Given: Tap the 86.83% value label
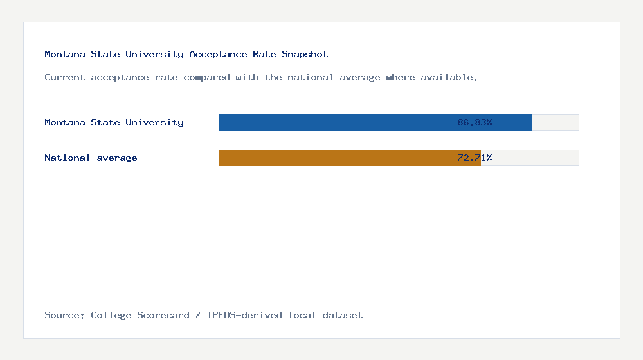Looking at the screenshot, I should (x=475, y=122).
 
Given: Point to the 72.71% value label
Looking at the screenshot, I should (x=475, y=157).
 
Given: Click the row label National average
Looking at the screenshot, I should (x=91, y=157).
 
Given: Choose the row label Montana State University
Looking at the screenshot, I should (x=114, y=122).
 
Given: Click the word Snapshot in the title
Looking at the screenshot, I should (x=305, y=55).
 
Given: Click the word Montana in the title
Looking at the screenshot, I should (x=64, y=55).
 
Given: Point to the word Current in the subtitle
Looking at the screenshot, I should (x=64, y=78).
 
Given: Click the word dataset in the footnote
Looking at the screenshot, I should (x=342, y=315).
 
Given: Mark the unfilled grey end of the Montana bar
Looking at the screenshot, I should (x=556, y=122).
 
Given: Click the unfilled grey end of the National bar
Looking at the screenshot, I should (x=530, y=157).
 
